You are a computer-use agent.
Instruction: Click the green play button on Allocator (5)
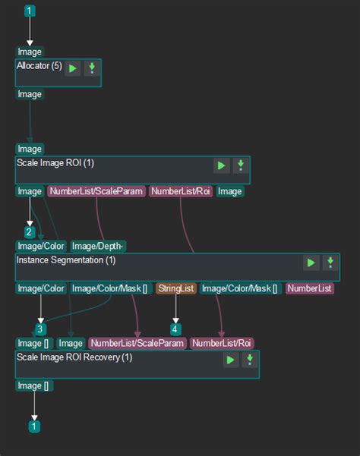(72, 68)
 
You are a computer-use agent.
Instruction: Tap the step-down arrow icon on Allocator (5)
(92, 68)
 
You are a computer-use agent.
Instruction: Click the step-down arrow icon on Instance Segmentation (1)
(330, 263)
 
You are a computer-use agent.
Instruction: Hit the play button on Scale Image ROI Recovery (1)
(231, 360)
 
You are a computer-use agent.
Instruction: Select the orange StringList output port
(176, 288)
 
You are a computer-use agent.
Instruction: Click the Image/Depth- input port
(98, 247)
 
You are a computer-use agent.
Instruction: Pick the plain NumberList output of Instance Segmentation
(309, 288)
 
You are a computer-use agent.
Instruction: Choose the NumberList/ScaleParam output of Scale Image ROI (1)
(96, 191)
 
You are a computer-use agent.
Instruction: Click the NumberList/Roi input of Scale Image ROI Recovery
(222, 343)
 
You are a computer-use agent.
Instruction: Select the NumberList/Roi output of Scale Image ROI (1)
(181, 191)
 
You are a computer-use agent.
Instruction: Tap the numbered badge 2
(29, 232)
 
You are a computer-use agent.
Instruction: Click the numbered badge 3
(40, 329)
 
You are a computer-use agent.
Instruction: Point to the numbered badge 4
(175, 329)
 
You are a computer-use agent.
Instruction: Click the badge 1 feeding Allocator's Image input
(30, 11)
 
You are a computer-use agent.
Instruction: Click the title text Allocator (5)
(39, 66)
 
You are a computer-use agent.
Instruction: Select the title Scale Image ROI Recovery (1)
(74, 357)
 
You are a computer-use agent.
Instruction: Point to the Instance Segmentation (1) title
(66, 260)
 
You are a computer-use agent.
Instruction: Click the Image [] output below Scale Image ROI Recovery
(34, 386)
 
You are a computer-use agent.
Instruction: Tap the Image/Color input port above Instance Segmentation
(41, 247)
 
